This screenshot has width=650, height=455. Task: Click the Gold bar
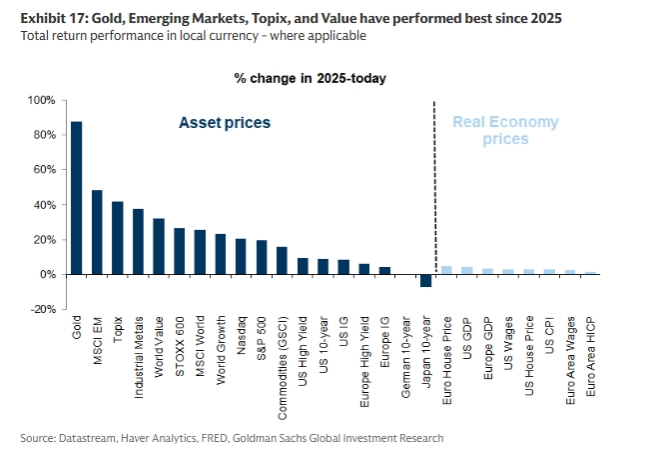pos(77,198)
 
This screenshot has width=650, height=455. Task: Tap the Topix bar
pos(118,238)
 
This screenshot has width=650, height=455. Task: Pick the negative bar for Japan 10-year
pos(426,280)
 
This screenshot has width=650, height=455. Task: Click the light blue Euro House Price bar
pos(446,270)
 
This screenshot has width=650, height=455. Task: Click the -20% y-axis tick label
pos(43,309)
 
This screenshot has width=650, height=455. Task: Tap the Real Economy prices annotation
pos(505,130)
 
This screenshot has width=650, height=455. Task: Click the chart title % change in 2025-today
pos(310,78)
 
